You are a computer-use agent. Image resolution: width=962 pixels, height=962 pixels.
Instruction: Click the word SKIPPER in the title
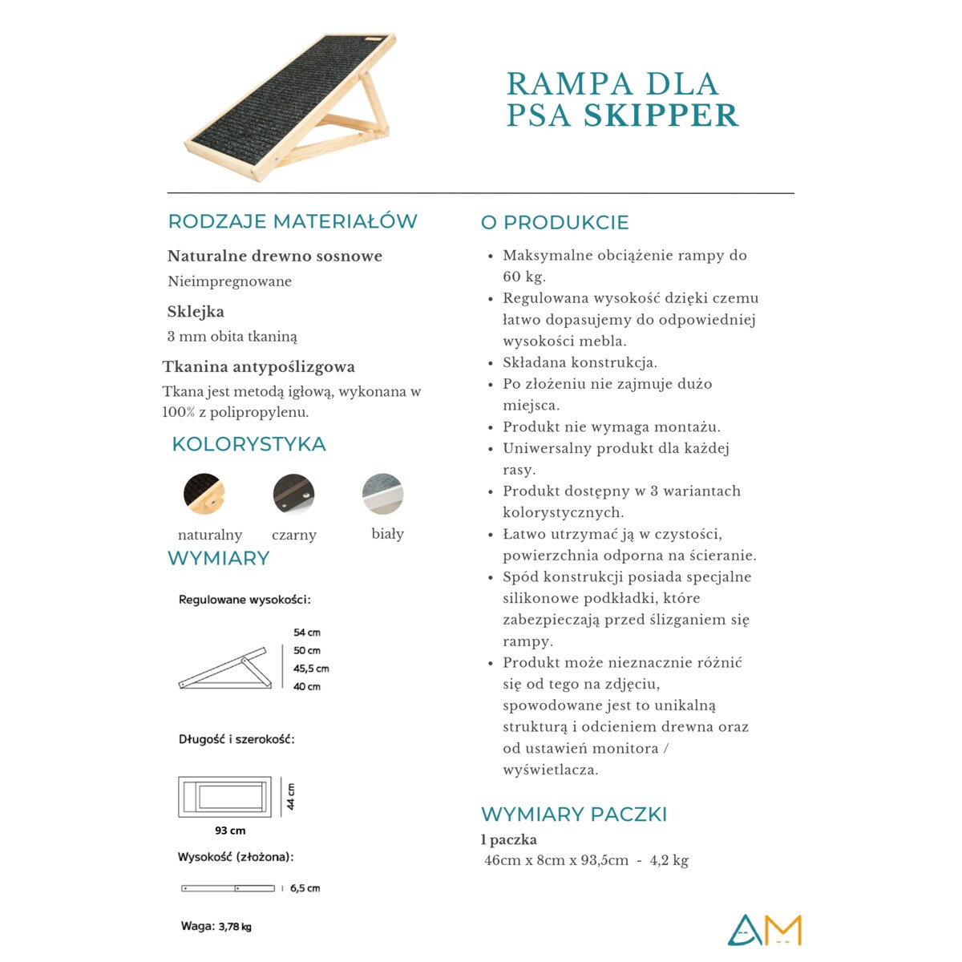coord(661,115)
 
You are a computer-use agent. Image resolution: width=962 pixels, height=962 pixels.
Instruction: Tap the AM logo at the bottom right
coord(764,930)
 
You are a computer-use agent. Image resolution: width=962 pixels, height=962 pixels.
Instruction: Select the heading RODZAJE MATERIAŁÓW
coord(293,221)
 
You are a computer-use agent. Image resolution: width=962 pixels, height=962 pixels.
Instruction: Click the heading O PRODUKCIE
coord(555,222)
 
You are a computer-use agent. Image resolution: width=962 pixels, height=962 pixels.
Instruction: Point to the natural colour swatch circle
coord(204,494)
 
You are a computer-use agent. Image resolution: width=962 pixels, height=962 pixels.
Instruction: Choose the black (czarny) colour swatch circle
coord(293,494)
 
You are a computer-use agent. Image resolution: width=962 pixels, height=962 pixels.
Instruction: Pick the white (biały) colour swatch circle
coord(382,494)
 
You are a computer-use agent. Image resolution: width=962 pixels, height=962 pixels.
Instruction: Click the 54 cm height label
coord(306,633)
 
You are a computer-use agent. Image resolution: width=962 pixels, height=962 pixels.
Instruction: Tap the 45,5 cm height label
coord(311,669)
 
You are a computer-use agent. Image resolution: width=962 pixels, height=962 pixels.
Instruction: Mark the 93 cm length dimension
coord(230,831)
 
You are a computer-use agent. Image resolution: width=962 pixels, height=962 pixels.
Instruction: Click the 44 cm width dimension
coord(291,796)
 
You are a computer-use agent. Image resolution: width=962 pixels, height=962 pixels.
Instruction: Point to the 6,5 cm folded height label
coord(305,888)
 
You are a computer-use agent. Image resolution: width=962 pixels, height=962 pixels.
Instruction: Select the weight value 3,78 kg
coord(235,927)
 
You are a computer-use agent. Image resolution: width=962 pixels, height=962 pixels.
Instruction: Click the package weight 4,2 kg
coord(669,861)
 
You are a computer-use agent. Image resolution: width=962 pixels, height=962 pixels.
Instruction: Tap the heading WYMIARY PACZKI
coord(574,814)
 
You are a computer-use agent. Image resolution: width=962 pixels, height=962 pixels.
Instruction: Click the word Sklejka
coord(196,312)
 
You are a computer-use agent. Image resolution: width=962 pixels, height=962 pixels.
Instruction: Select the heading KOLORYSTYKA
coord(249,444)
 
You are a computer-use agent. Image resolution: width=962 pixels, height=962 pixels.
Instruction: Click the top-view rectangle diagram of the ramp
coord(224,797)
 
